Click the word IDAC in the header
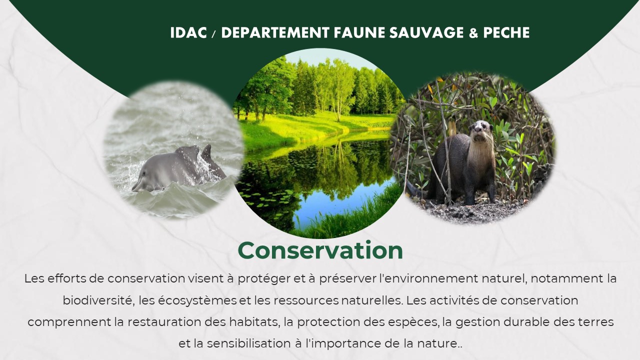click(188, 32)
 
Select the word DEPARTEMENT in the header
click(275, 32)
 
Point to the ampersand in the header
click(473, 33)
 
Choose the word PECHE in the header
click(506, 32)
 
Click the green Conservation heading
click(320, 250)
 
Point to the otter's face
click(480, 131)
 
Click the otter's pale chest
click(478, 160)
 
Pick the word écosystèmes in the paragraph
click(197, 301)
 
